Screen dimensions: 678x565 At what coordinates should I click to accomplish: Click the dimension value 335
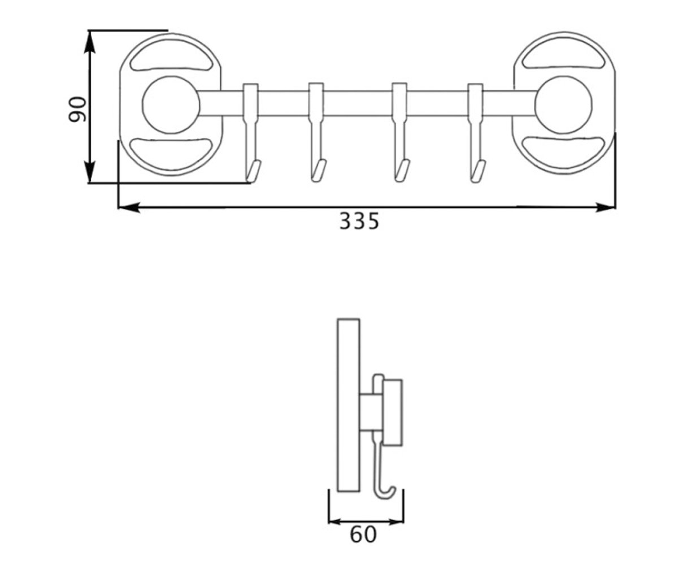pyautogui.click(x=359, y=221)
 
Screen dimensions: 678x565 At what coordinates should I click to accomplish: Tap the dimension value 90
pyautogui.click(x=77, y=109)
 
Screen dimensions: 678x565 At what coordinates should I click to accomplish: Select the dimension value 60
pyautogui.click(x=363, y=534)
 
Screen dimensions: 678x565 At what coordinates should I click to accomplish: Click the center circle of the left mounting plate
pyautogui.click(x=171, y=105)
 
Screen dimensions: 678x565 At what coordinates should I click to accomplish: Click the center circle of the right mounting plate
pyautogui.click(x=563, y=105)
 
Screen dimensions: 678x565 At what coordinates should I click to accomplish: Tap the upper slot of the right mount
pyautogui.click(x=563, y=55)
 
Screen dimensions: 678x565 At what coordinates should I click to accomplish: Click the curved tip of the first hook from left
pyautogui.click(x=254, y=171)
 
